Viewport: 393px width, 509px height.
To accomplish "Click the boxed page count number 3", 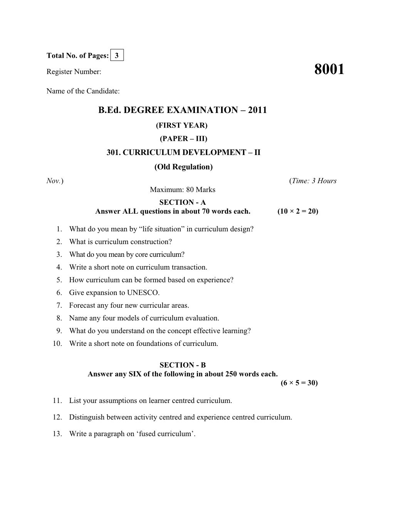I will pyautogui.click(x=117, y=56).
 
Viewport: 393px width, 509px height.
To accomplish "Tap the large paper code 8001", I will pyautogui.click(x=329, y=70).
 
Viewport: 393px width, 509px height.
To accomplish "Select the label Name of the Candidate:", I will pyautogui.click(x=83, y=91).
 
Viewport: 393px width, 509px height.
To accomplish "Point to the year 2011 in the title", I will pyautogui.click(x=257, y=110).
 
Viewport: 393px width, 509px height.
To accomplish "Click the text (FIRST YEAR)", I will pyautogui.click(x=181, y=125).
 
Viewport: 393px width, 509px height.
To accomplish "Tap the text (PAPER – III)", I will pyautogui.click(x=183, y=139).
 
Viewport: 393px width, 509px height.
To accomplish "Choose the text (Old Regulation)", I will pyautogui.click(x=183, y=167).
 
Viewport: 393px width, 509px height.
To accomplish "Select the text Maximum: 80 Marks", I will pyautogui.click(x=183, y=190).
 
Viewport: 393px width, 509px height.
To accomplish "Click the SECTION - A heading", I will pyautogui.click(x=183, y=202).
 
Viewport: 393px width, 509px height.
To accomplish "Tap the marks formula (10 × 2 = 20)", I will pyautogui.click(x=297, y=211).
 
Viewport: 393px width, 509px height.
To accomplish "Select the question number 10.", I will pyautogui.click(x=57, y=344).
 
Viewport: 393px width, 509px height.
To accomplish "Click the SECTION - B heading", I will pyautogui.click(x=183, y=365).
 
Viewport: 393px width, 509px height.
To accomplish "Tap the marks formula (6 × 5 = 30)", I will pyautogui.click(x=299, y=383).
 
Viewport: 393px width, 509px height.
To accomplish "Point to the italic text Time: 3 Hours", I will pyautogui.click(x=314, y=181).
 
